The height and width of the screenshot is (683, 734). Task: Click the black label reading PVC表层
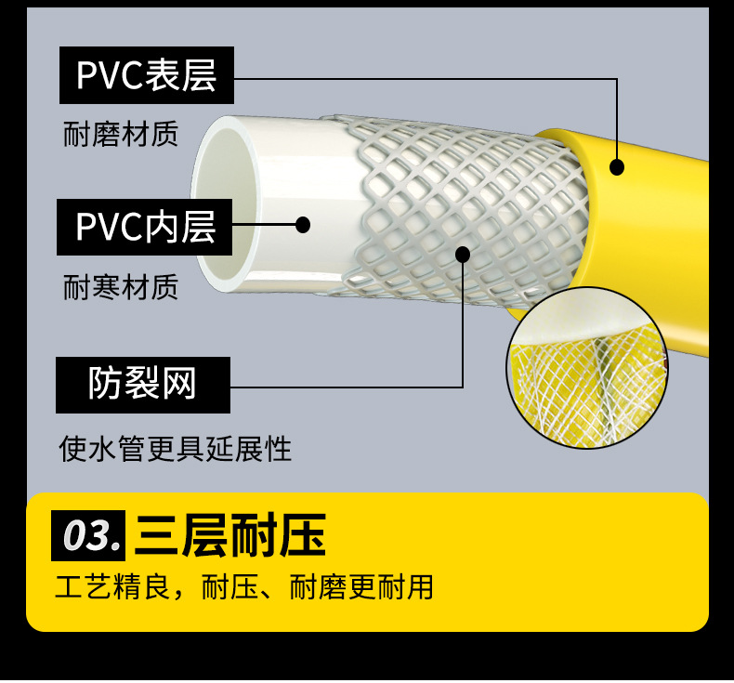click(146, 75)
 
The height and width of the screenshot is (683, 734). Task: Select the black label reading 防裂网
click(142, 384)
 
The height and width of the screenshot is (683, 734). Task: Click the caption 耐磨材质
click(121, 135)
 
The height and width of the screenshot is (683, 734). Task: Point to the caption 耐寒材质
click(121, 287)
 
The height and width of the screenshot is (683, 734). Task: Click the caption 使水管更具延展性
click(175, 450)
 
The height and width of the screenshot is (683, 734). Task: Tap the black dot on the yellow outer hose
click(617, 167)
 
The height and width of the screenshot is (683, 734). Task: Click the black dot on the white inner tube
click(302, 224)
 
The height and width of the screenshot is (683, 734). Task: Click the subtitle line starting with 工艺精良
click(243, 588)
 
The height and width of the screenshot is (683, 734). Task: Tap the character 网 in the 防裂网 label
click(180, 384)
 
